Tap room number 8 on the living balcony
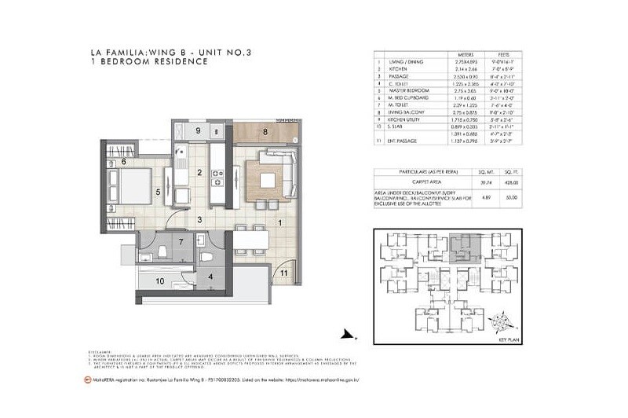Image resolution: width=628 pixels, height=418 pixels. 266,132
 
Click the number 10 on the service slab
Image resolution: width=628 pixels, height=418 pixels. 159,280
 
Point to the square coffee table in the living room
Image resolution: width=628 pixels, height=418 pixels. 263,178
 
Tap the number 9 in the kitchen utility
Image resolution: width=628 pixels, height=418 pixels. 199,130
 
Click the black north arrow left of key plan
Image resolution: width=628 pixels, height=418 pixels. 344,334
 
